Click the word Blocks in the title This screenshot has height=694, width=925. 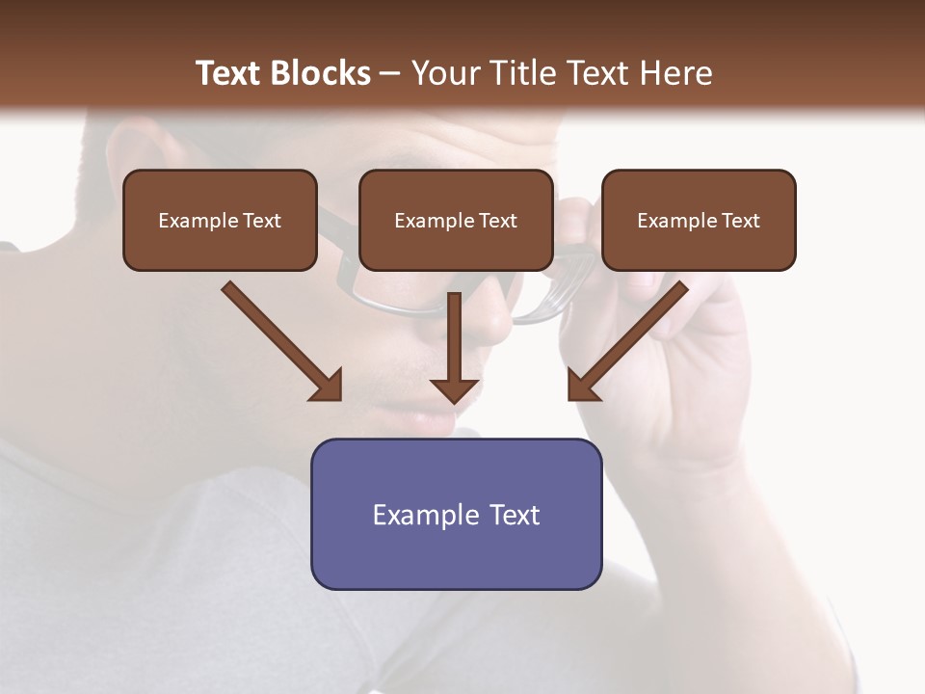pyautogui.click(x=321, y=73)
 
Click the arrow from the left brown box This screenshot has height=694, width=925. pyautogui.click(x=279, y=339)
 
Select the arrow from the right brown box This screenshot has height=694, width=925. pyautogui.click(x=630, y=339)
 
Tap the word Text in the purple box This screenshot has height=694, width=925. pyautogui.click(x=515, y=515)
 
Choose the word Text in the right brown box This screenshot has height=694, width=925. pyautogui.click(x=740, y=221)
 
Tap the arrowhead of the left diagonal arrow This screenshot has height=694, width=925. pyautogui.click(x=328, y=386)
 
